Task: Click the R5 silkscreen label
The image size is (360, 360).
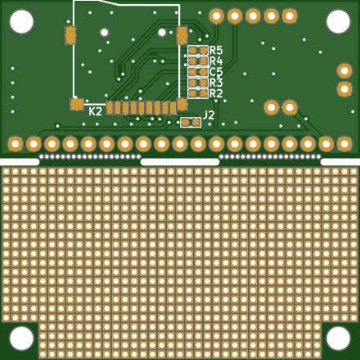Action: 216,50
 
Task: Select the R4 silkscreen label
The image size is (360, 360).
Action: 216,61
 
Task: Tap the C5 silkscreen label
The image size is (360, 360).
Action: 216,72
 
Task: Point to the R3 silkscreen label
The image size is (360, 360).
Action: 216,83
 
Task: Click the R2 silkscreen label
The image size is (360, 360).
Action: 216,93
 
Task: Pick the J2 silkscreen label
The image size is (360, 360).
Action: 209,115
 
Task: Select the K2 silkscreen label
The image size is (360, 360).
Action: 96,111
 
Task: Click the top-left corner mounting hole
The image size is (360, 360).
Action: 21,22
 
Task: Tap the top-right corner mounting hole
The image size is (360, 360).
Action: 338,22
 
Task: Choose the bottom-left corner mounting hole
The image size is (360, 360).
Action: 21,338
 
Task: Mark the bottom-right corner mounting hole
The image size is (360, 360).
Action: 338,338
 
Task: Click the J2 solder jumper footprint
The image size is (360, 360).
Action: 191,123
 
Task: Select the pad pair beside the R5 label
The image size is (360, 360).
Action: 198,51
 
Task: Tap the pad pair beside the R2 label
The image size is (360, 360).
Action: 198,93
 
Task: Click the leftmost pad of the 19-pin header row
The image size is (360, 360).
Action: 16,144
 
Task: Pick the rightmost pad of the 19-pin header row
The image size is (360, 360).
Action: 344,144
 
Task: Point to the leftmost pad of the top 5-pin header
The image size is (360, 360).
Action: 217,16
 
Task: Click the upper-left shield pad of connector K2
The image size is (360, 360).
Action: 70,35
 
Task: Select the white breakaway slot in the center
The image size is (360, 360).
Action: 180,162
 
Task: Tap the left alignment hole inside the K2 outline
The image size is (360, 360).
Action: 105,33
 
